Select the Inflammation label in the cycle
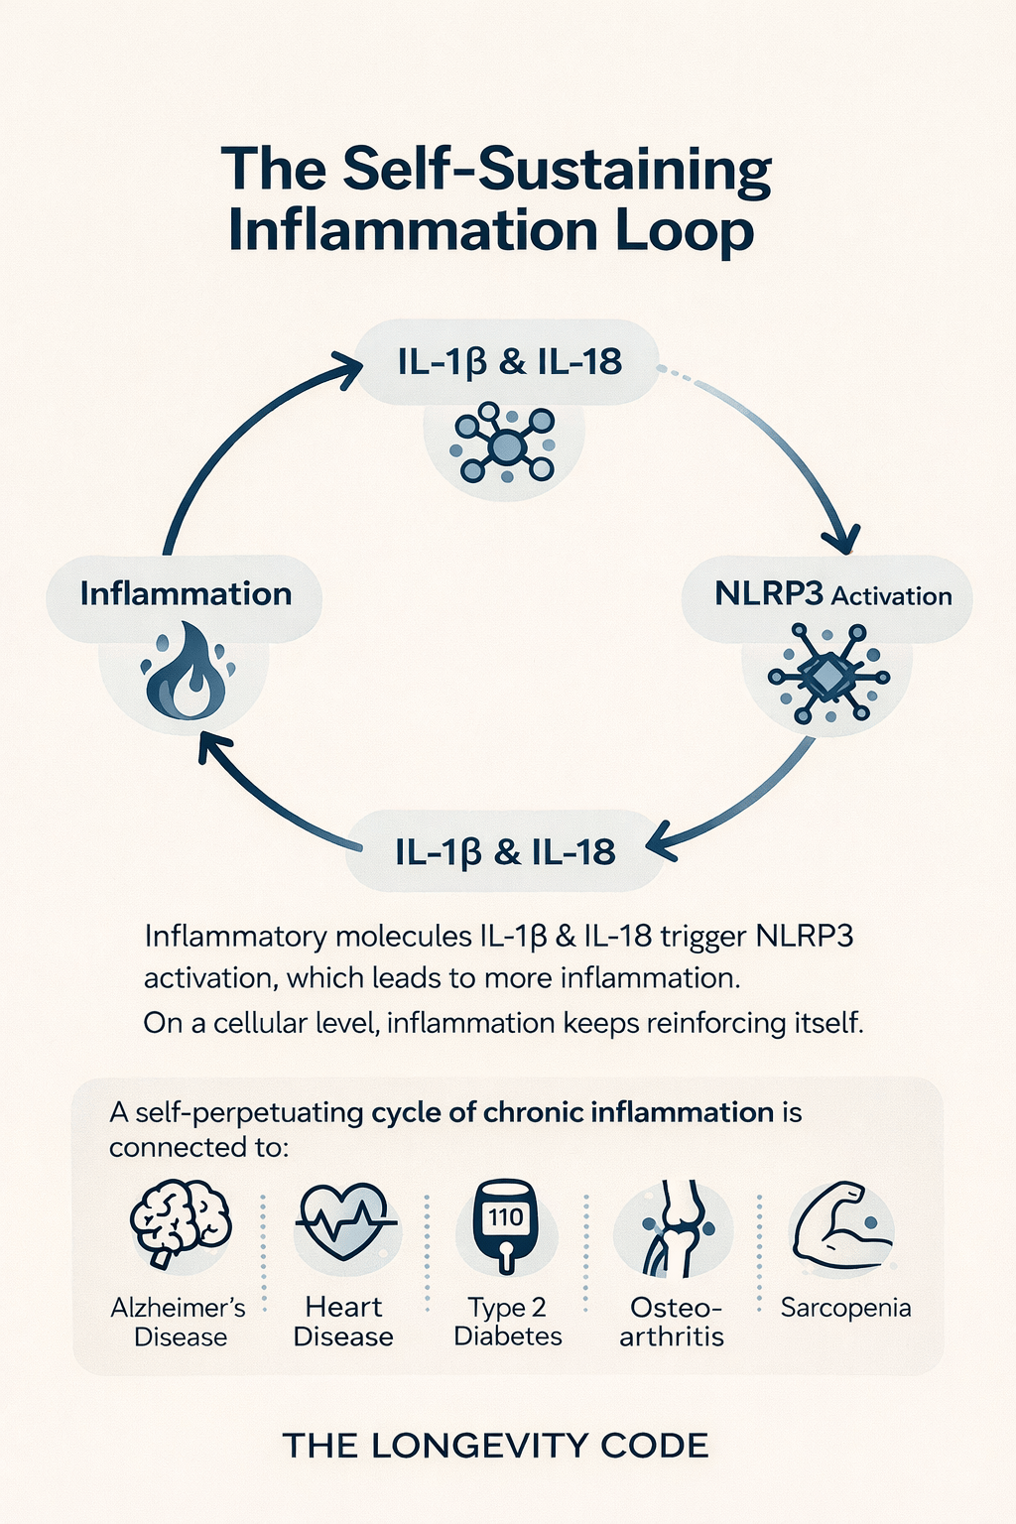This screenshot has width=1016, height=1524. [x=186, y=594]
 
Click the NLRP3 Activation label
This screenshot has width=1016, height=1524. [x=833, y=595]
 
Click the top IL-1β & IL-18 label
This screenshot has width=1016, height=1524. [x=510, y=362]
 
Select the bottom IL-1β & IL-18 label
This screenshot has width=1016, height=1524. [x=506, y=852]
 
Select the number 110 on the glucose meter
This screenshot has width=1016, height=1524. [x=506, y=1217]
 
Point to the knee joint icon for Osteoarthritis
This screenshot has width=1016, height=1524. [x=674, y=1228]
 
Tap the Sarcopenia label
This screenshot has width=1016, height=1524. [x=845, y=1309]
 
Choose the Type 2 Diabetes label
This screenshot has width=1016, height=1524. [x=508, y=1322]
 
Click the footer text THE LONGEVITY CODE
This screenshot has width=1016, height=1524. [x=495, y=1446]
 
